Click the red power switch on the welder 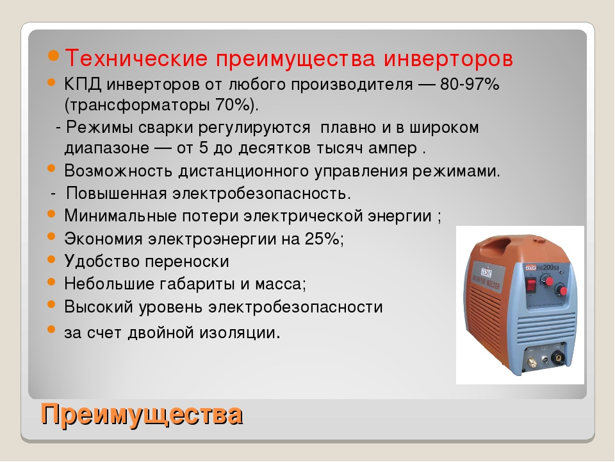click(x=531, y=285)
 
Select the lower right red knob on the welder click(x=561, y=291)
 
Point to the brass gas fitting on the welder click(x=532, y=362)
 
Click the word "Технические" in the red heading click(x=136, y=58)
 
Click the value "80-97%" click(x=470, y=84)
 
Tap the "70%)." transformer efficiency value click(x=237, y=105)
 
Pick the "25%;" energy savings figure click(x=324, y=238)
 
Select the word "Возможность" click(x=118, y=171)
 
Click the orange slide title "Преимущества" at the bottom click(x=142, y=414)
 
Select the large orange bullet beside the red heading click(x=54, y=55)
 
